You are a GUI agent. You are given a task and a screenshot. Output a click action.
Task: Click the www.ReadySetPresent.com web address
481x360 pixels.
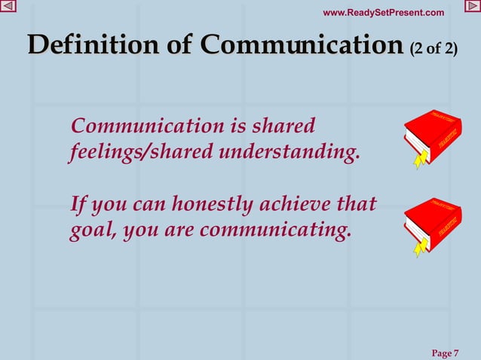pos(383,12)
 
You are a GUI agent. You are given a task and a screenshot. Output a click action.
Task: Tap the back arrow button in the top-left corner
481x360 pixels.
pos(8,7)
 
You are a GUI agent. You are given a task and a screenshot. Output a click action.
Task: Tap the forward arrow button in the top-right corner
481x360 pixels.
pos(473,7)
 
